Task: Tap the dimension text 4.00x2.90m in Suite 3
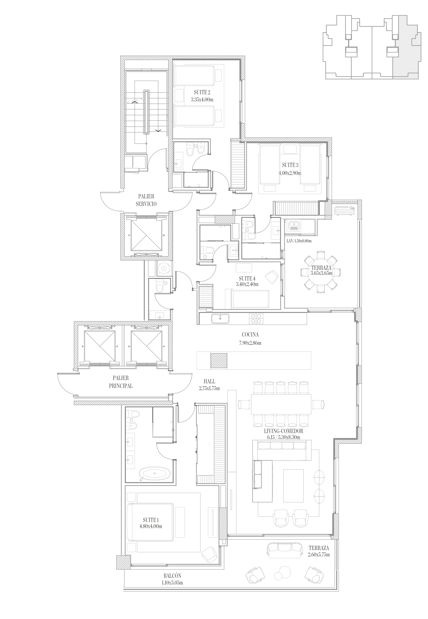(x=290, y=173)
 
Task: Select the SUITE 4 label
(x=247, y=278)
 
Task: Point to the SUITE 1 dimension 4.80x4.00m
(x=151, y=526)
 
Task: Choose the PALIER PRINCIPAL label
(x=121, y=382)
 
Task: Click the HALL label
(x=209, y=381)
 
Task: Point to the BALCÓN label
(x=172, y=576)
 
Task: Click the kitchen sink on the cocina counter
(x=220, y=318)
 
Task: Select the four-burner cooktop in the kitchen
(x=256, y=318)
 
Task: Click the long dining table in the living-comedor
(x=281, y=404)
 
